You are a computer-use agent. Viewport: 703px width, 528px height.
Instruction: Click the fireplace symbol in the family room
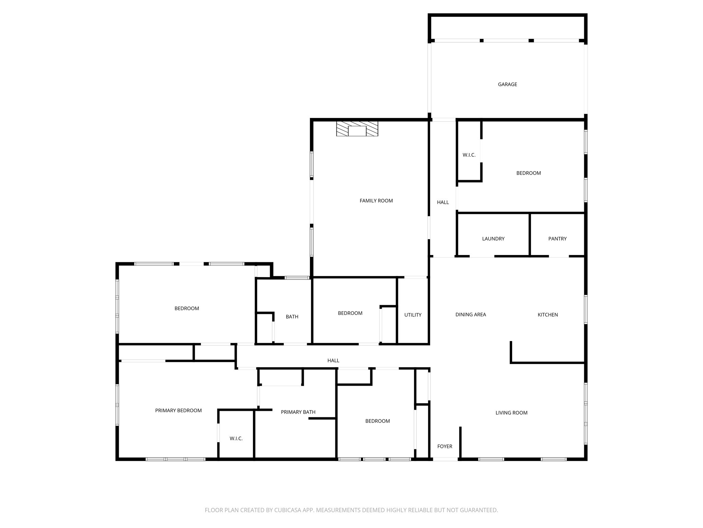coord(357,129)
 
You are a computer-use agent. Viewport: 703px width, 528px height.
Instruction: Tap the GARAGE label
coord(507,84)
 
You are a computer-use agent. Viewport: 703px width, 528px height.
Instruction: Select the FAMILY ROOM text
coord(376,201)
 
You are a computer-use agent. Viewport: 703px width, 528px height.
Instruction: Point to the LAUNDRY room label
coord(493,239)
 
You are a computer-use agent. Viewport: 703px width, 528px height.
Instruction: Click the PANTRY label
coord(557,239)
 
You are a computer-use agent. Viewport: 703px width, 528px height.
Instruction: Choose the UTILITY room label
coord(413,315)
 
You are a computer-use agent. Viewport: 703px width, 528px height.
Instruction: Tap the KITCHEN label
coord(548,315)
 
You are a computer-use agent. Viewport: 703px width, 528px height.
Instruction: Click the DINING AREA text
coord(470,315)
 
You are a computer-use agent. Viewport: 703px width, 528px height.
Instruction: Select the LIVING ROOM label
coord(511,413)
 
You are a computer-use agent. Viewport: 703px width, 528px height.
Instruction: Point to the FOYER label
coord(445,446)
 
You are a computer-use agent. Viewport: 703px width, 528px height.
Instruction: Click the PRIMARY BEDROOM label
coord(178,410)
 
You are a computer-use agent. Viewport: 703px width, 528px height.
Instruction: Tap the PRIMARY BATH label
coord(298,412)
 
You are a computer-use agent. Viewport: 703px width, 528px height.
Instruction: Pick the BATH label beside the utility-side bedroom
coord(292,317)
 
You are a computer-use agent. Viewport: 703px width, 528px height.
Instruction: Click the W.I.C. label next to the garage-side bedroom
coord(469,155)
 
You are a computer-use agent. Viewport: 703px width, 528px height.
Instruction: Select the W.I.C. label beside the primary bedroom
coord(236,439)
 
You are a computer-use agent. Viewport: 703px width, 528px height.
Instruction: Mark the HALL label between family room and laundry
coord(443,202)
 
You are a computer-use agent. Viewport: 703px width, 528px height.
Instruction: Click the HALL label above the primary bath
coord(333,361)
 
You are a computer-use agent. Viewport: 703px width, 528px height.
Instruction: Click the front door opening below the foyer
coord(445,459)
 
